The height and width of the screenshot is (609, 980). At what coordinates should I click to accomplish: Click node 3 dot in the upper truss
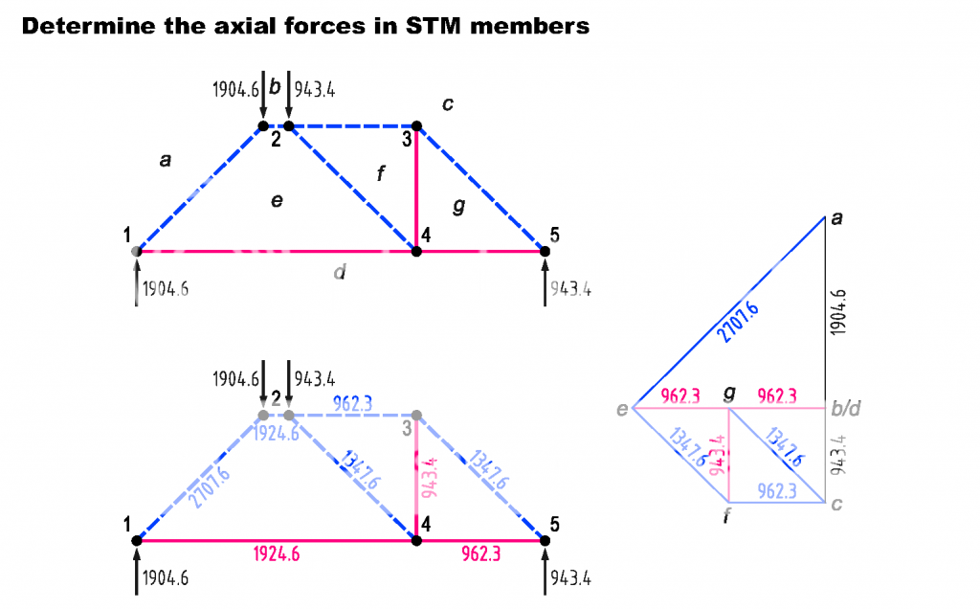[416, 125]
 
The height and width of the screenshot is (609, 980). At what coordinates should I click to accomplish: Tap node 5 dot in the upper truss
[545, 252]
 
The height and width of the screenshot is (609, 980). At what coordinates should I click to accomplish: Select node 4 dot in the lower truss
[416, 541]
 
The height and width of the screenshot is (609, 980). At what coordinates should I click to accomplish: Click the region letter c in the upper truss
[447, 103]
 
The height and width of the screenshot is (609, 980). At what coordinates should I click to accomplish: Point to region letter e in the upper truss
[277, 201]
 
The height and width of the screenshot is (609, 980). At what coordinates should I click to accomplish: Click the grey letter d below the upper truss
[339, 273]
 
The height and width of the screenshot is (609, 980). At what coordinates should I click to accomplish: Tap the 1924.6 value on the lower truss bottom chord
[278, 554]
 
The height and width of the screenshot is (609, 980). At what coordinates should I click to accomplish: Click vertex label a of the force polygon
[837, 219]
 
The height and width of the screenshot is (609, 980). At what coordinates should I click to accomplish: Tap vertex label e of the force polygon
[622, 412]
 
